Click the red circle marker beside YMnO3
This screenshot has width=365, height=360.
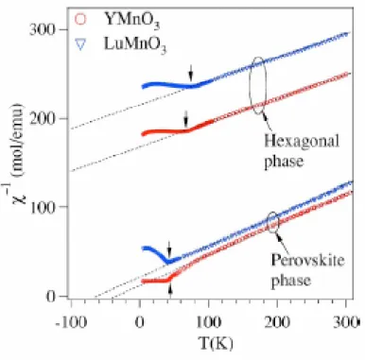point(80,20)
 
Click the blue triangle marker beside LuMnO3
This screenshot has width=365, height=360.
point(80,44)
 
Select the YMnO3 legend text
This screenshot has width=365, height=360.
point(132,21)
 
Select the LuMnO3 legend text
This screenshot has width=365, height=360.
point(135,45)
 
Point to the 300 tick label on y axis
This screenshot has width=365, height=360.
point(43,30)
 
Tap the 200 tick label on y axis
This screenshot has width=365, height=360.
point(43,119)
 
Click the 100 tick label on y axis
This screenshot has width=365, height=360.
point(43,207)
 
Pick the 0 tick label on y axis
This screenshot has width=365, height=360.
point(51,296)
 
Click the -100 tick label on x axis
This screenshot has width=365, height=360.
point(70,322)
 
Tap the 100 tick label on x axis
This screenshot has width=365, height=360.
point(208,322)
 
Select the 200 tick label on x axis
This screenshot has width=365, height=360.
point(277,322)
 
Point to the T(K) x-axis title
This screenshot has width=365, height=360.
point(216,343)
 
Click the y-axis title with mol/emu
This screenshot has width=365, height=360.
point(18,153)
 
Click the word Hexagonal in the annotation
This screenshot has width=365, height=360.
point(302,141)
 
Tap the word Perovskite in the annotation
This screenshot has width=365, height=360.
point(307,260)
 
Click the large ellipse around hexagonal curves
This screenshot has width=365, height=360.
point(251,86)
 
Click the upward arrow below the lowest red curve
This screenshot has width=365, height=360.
point(170,291)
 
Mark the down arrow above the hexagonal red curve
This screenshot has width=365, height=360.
point(186,118)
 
